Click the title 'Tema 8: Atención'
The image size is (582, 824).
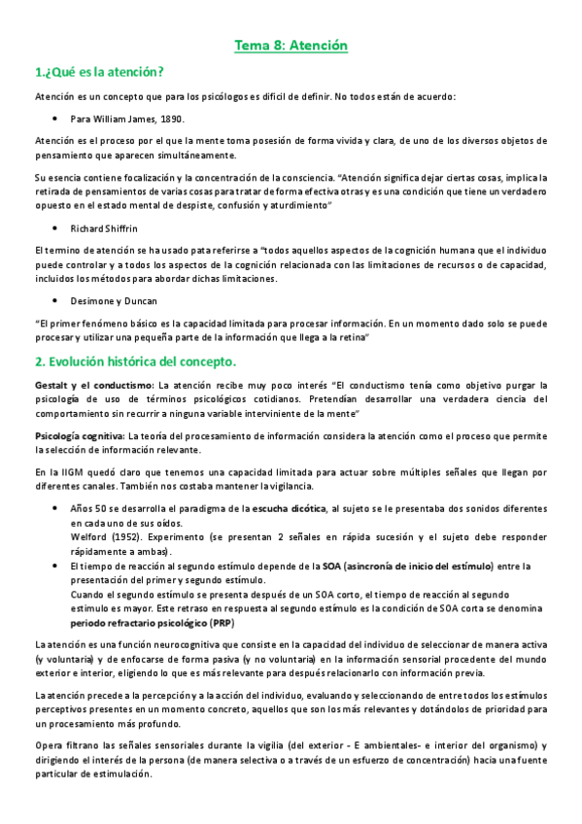pos(291,46)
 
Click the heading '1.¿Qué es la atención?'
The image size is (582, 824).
pos(98,72)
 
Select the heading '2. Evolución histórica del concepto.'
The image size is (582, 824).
pos(135,362)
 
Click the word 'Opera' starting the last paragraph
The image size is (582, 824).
pos(49,745)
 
